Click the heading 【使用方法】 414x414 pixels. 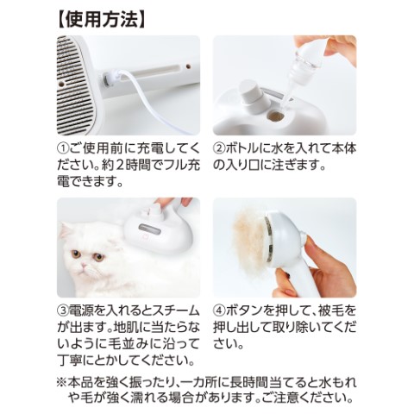click(x=102, y=20)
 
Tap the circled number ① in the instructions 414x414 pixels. click(x=63, y=148)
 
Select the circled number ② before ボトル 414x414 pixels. click(x=219, y=148)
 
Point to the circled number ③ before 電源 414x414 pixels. click(x=63, y=310)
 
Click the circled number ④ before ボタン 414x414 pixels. click(x=219, y=310)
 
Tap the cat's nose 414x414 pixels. click(x=84, y=265)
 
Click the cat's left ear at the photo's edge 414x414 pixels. click(x=65, y=229)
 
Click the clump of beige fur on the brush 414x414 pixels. click(x=249, y=238)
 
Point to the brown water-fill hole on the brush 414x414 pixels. click(x=275, y=116)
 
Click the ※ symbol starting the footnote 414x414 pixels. click(x=61, y=382)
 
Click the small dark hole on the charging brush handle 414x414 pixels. click(x=188, y=66)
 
